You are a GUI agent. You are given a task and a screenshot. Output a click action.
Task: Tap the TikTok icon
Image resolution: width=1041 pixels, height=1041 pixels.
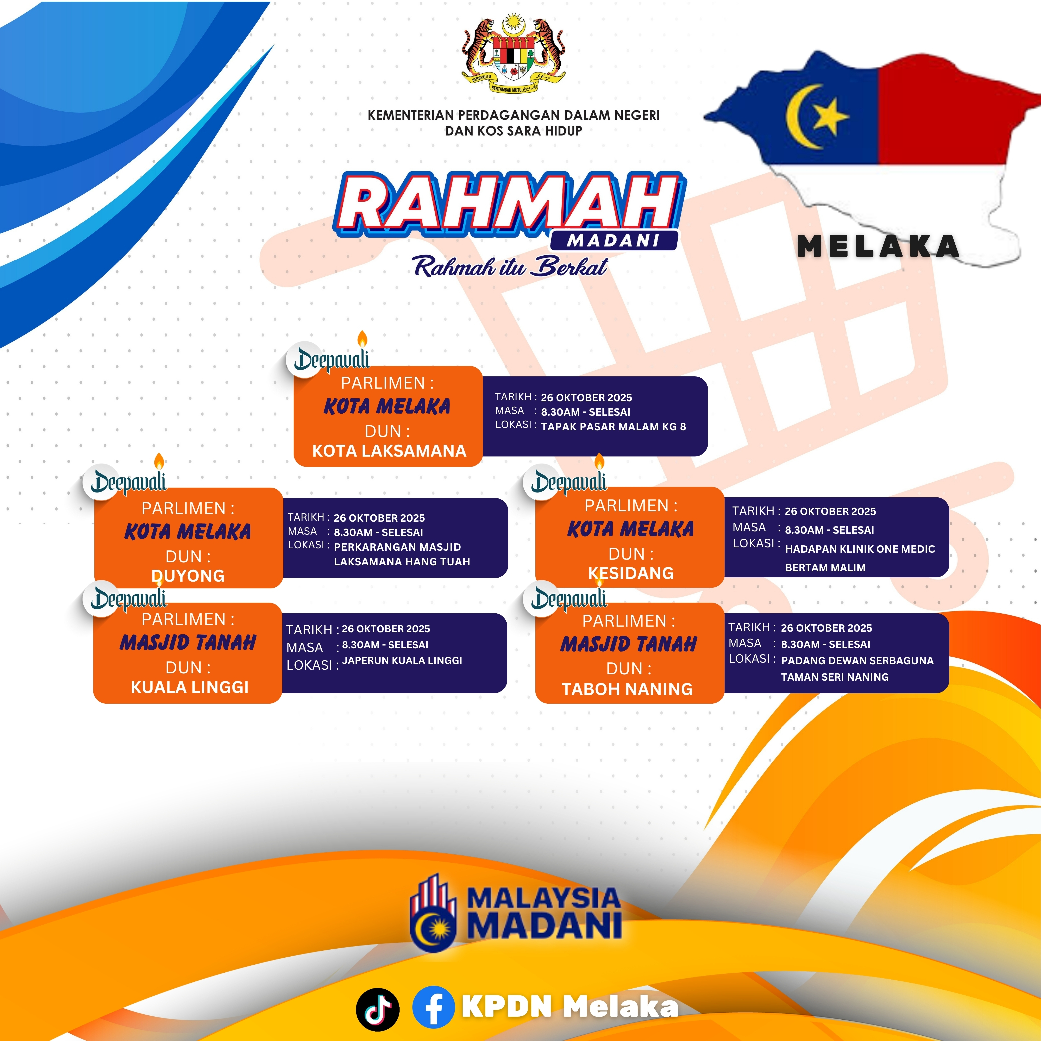click(378, 1009)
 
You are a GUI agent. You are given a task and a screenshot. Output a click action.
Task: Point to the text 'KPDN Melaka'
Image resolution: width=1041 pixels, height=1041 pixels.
click(570, 1006)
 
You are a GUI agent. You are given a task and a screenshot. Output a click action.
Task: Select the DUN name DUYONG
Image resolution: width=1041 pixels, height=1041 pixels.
click(188, 575)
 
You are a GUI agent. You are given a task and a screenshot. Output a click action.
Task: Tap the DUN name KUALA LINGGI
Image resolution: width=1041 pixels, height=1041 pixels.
click(190, 687)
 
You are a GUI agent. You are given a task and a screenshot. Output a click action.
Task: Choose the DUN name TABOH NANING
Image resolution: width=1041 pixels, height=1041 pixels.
click(627, 689)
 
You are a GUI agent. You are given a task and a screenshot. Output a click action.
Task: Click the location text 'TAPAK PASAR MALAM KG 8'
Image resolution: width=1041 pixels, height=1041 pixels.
click(613, 427)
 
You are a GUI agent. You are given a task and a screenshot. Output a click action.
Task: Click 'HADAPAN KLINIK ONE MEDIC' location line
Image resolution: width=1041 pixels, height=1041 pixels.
click(860, 549)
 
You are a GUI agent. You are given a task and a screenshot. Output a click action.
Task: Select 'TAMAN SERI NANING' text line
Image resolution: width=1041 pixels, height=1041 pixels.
click(834, 677)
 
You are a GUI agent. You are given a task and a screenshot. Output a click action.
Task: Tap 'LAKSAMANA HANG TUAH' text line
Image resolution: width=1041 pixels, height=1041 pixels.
click(402, 561)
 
